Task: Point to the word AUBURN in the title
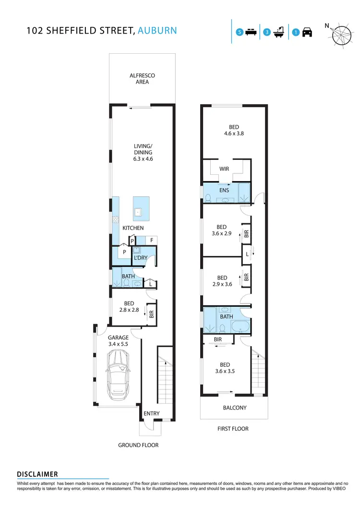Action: point(157,31)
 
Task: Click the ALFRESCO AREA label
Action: point(142,79)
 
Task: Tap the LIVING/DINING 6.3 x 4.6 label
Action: point(143,152)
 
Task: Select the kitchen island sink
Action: point(138,210)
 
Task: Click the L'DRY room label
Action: point(140,258)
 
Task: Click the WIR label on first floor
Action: point(224,170)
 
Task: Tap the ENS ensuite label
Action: point(224,190)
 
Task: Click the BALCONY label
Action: point(235,408)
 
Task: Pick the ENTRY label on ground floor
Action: point(151,413)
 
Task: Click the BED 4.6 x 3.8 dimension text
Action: point(234,134)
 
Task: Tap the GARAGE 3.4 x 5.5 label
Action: point(118,341)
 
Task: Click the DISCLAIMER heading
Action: point(37,474)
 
